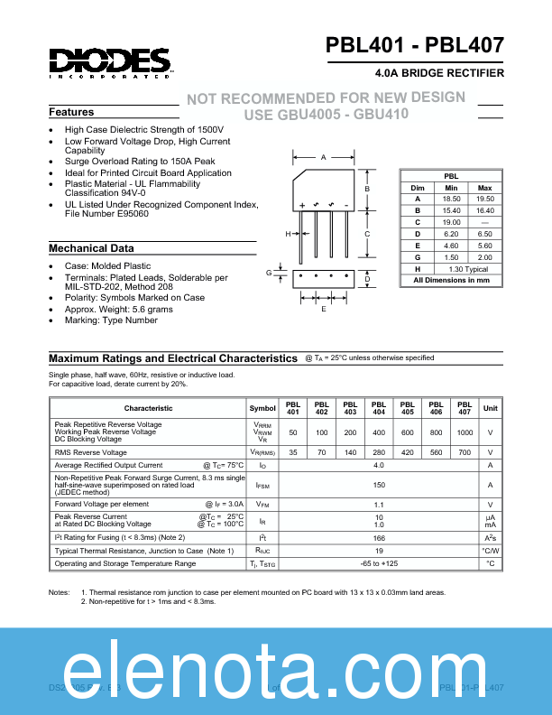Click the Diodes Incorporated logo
click(109, 62)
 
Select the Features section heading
click(71, 112)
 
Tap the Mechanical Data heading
click(91, 248)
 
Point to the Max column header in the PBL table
click(484, 187)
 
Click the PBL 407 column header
click(464, 408)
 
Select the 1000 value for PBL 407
click(464, 432)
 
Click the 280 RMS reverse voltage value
click(379, 452)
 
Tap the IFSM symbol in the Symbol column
click(262, 485)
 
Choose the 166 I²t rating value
click(379, 537)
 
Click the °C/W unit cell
click(490, 550)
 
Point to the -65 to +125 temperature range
click(379, 563)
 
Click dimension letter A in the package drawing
click(323, 157)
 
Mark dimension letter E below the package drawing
click(323, 309)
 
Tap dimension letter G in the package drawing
click(269, 272)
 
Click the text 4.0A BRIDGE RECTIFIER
click(438, 72)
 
